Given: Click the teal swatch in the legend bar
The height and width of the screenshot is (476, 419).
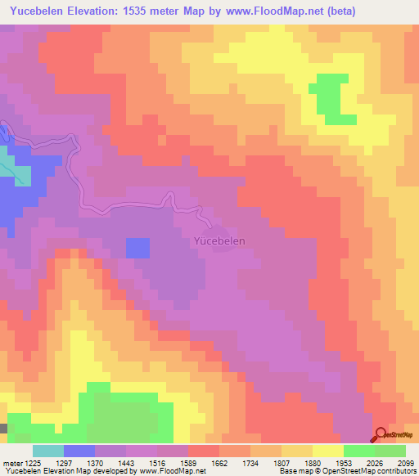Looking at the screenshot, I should coord(48,451).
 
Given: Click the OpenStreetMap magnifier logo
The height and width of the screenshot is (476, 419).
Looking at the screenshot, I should coord(381,434).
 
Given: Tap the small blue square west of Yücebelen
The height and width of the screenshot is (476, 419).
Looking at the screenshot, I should coord(137,248).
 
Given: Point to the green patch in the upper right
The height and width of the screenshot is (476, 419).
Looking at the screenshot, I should coord(331,97).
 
